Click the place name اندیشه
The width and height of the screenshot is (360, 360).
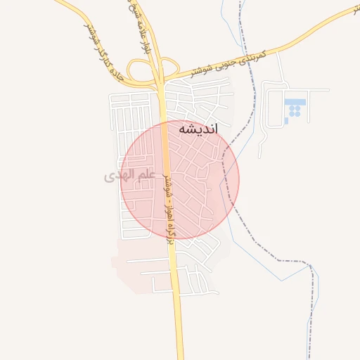click(198, 129)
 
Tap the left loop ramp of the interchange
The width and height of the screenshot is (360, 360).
click(143, 71)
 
